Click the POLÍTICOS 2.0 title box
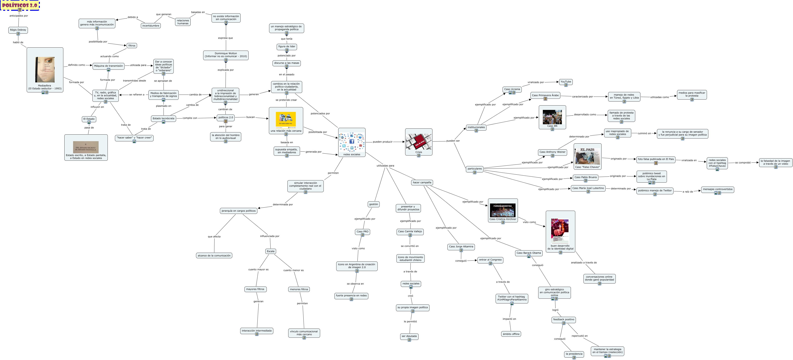click(20, 5)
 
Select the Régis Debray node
click(18, 30)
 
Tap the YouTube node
click(566, 82)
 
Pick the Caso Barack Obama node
click(528, 253)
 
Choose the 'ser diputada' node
click(409, 336)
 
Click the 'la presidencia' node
click(574, 354)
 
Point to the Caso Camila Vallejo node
click(410, 231)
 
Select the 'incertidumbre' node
click(151, 25)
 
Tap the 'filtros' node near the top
click(132, 46)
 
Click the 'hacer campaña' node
click(422, 182)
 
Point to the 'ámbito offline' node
click(511, 334)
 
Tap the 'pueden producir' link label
click(382, 142)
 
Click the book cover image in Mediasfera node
click(45, 69)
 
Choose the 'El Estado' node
click(89, 119)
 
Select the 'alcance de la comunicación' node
click(214, 255)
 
